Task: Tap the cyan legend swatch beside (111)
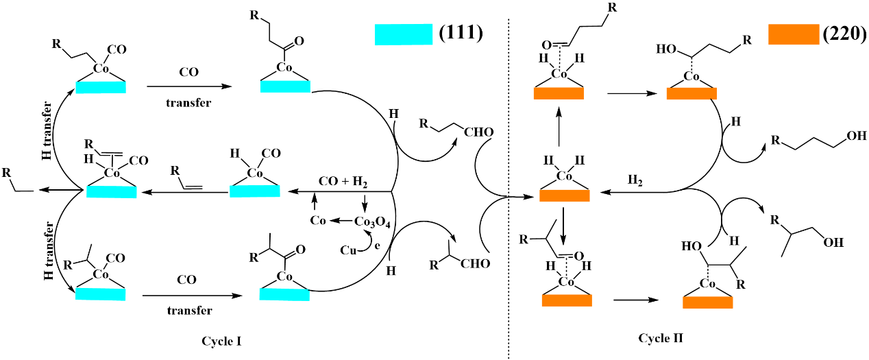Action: tap(404, 34)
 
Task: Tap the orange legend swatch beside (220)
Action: tap(794, 34)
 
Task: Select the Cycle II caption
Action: tap(657, 337)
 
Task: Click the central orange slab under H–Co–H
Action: tap(565, 196)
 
